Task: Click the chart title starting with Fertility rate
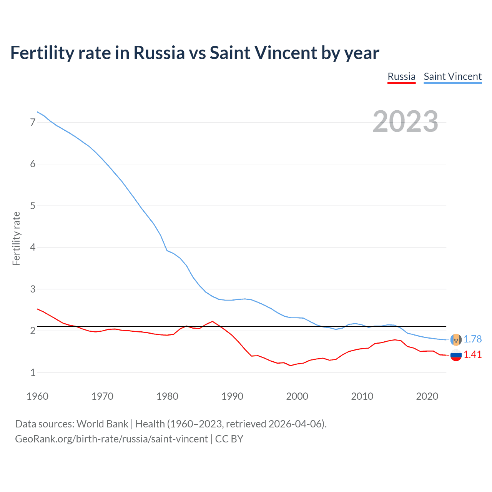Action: pyautogui.click(x=194, y=53)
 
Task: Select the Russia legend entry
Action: pyautogui.click(x=401, y=76)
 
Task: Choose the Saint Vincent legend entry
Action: pyautogui.click(x=452, y=76)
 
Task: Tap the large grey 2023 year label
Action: pyautogui.click(x=405, y=121)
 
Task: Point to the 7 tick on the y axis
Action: pyautogui.click(x=33, y=122)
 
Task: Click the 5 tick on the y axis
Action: pyautogui.click(x=33, y=206)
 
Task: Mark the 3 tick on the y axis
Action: pyautogui.click(x=33, y=289)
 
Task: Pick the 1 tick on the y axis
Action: pyautogui.click(x=33, y=372)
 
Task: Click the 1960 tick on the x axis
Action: pyautogui.click(x=37, y=396)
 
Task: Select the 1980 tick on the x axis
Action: pyautogui.click(x=167, y=396)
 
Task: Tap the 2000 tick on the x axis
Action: pyautogui.click(x=297, y=396)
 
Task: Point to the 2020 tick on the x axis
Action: pyautogui.click(x=427, y=396)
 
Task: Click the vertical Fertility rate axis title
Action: pyautogui.click(x=16, y=238)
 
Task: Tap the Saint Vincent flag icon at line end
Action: pyautogui.click(x=456, y=340)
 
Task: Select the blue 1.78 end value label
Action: pyautogui.click(x=472, y=339)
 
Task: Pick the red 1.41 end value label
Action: pyautogui.click(x=472, y=354)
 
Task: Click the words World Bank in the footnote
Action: pyautogui.click(x=102, y=424)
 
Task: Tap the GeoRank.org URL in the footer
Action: pyautogui.click(x=111, y=439)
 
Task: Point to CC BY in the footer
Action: pyautogui.click(x=229, y=439)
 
